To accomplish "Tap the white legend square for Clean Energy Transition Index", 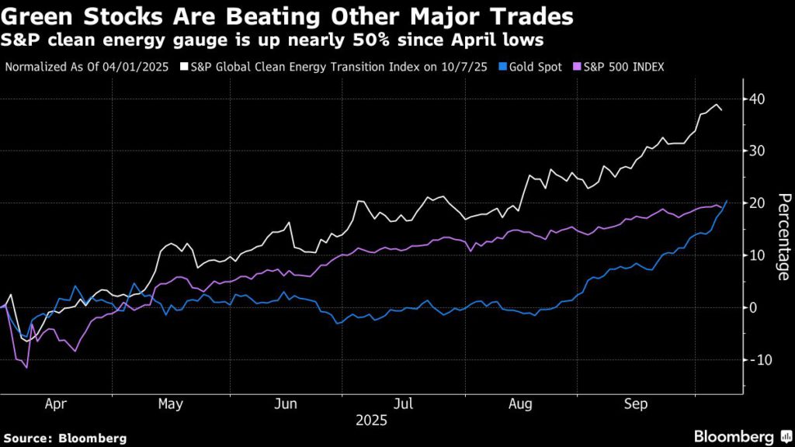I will click(183, 67).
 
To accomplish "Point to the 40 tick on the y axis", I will click(757, 99).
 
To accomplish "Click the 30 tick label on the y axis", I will click(757, 151).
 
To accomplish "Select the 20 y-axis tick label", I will click(757, 203).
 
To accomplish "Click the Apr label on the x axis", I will click(56, 404).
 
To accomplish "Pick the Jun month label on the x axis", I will click(286, 404).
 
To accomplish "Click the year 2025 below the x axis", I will click(371, 421).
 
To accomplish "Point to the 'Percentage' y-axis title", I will click(784, 236).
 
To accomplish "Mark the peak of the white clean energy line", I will click(716, 104).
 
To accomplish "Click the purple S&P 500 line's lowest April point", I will click(27, 367).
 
